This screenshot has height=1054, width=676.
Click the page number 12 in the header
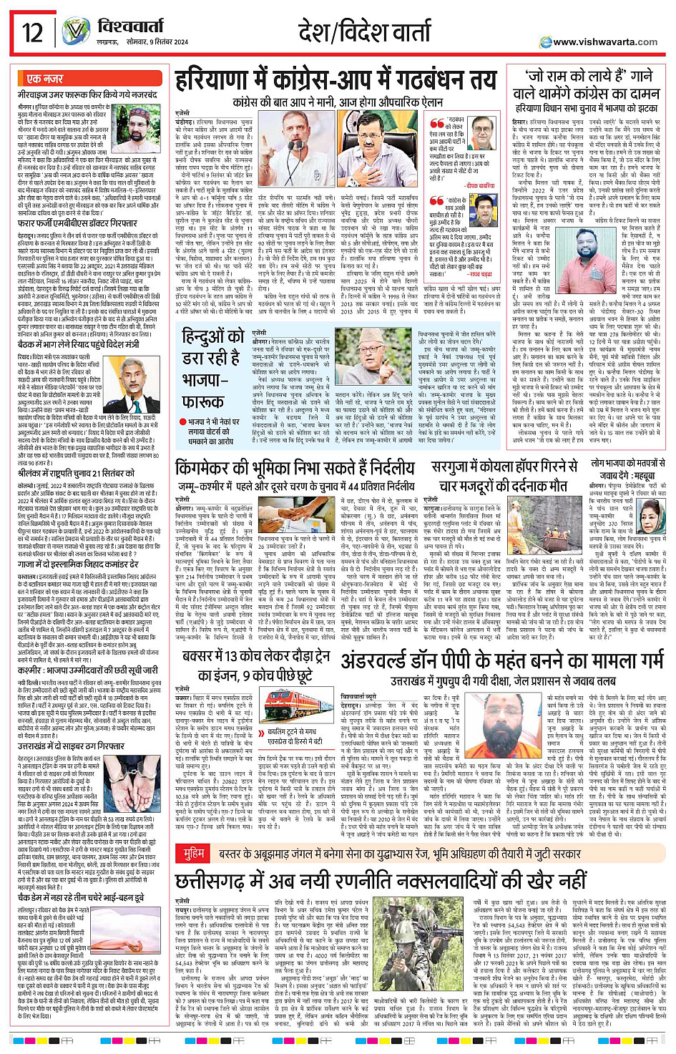tap(32, 32)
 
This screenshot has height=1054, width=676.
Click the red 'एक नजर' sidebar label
tap(44, 78)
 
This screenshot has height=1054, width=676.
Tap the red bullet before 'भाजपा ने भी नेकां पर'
tap(184, 422)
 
